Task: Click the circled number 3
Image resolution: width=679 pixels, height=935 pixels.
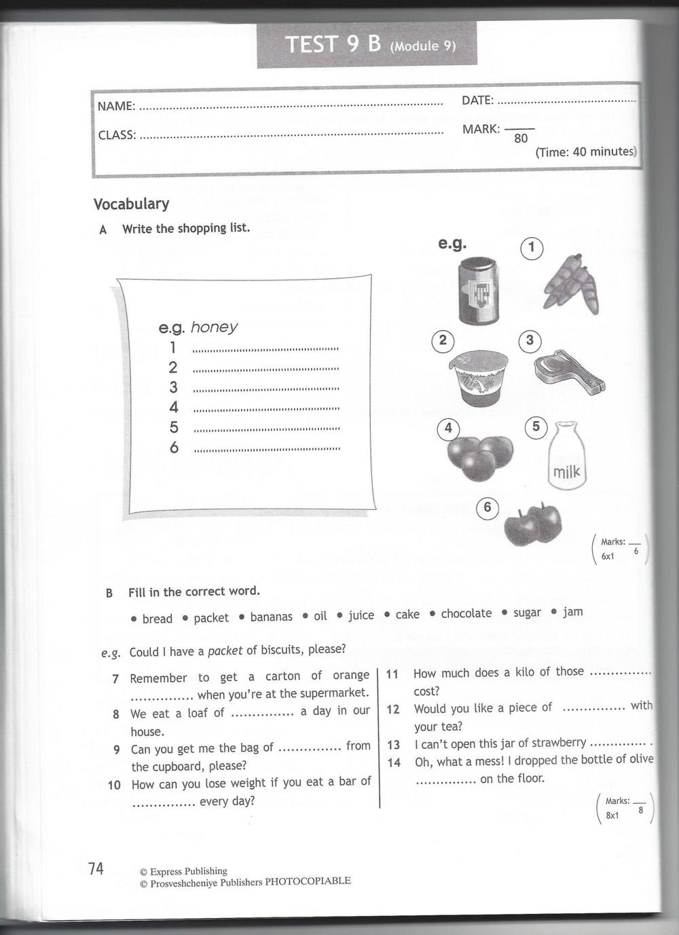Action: tap(530, 340)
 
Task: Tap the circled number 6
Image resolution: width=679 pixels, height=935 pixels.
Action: tap(487, 507)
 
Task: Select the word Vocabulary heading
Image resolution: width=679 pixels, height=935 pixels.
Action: tap(131, 204)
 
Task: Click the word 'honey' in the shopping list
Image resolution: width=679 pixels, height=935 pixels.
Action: tap(214, 327)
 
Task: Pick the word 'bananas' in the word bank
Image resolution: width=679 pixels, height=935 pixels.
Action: tap(271, 617)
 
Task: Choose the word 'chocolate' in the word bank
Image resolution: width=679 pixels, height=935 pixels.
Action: tap(466, 613)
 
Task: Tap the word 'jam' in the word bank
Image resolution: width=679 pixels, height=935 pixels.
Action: tap(572, 611)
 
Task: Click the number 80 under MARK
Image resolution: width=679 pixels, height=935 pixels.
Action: tap(521, 139)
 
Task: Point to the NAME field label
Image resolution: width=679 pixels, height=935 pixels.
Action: tap(116, 106)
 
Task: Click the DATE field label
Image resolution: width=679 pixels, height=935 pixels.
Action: tap(477, 100)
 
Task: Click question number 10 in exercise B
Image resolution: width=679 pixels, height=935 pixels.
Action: tap(114, 785)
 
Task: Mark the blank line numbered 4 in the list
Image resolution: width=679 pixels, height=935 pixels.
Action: tap(266, 409)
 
